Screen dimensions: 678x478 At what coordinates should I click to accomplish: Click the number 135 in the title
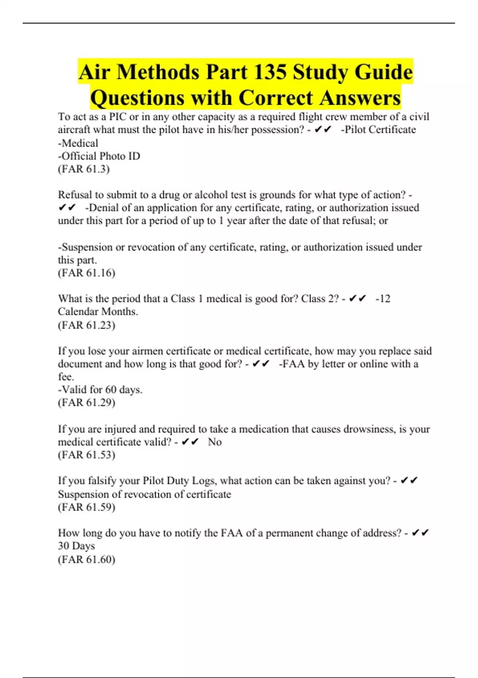[x=270, y=72]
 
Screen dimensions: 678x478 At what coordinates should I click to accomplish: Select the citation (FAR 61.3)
[x=84, y=169]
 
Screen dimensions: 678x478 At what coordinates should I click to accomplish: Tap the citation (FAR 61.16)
[x=86, y=273]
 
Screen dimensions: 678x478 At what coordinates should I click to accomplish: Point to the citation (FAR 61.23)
[x=86, y=325]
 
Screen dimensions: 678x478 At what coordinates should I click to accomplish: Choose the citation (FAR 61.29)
[x=86, y=402]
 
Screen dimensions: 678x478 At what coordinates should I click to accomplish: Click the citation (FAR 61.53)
[x=86, y=455]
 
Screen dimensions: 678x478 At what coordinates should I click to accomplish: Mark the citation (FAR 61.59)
[x=86, y=507]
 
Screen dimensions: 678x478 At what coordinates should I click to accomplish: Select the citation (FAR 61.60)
[x=86, y=559]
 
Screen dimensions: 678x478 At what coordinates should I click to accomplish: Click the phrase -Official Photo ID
[x=99, y=156]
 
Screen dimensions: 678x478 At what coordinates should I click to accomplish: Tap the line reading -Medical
[x=78, y=143]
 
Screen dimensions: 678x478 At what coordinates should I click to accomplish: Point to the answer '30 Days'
[x=76, y=546]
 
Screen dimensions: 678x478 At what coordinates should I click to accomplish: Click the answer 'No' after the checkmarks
[x=215, y=442]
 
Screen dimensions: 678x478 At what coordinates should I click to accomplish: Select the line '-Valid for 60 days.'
[x=100, y=389]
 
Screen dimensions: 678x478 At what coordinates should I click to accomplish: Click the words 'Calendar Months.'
[x=98, y=311]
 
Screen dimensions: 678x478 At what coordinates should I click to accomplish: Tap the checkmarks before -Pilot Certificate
[x=323, y=130]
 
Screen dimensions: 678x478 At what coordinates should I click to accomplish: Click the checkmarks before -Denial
[x=67, y=208]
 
